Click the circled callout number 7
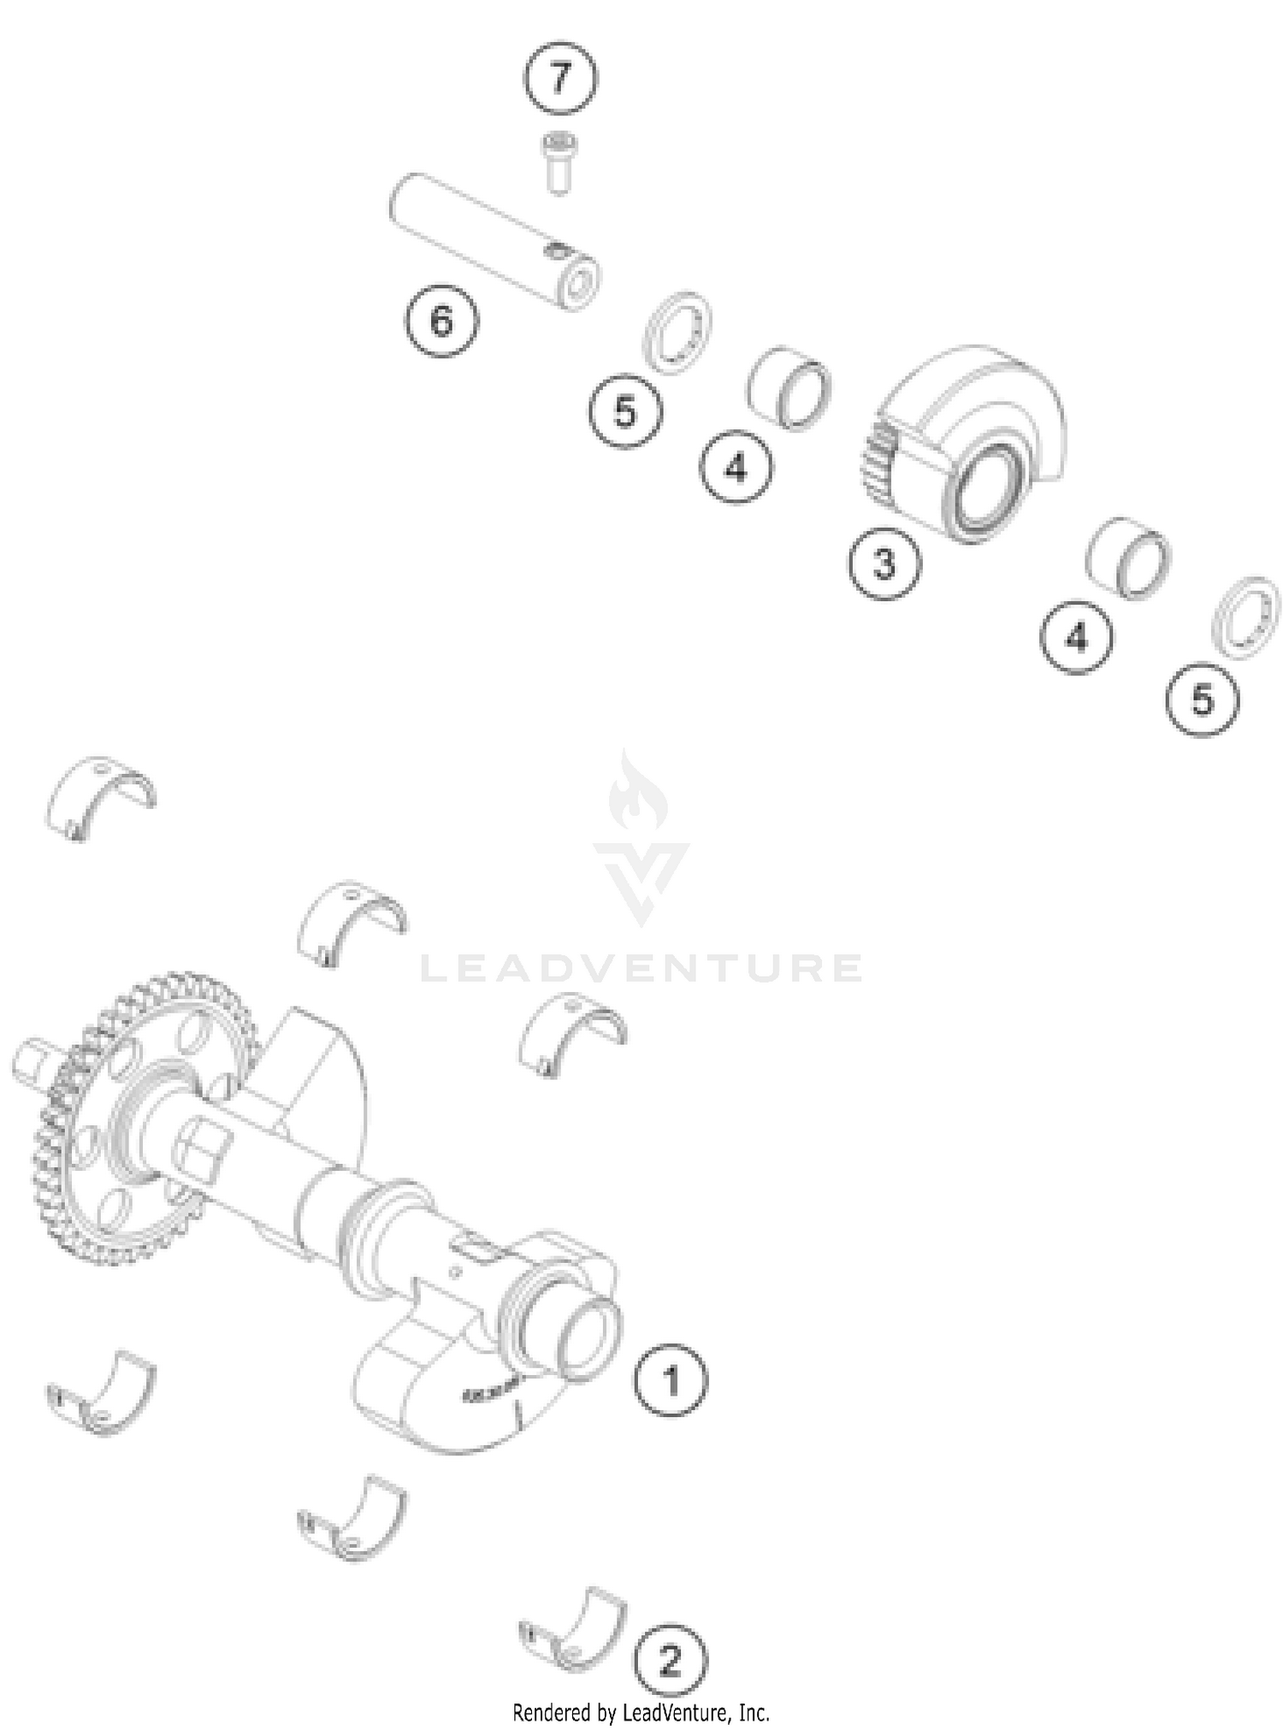[x=560, y=78]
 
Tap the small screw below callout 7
[x=558, y=162]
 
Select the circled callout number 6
[x=441, y=321]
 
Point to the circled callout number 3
[x=884, y=564]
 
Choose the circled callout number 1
[x=671, y=1380]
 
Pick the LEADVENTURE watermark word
[x=641, y=969]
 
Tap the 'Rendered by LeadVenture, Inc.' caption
[x=641, y=1712]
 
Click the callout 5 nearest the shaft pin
[x=625, y=412]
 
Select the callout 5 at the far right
[x=1203, y=700]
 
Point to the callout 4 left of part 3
[x=736, y=467]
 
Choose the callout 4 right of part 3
[x=1076, y=637]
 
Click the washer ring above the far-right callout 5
[x=1247, y=617]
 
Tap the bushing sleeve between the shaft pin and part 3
[x=789, y=387]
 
